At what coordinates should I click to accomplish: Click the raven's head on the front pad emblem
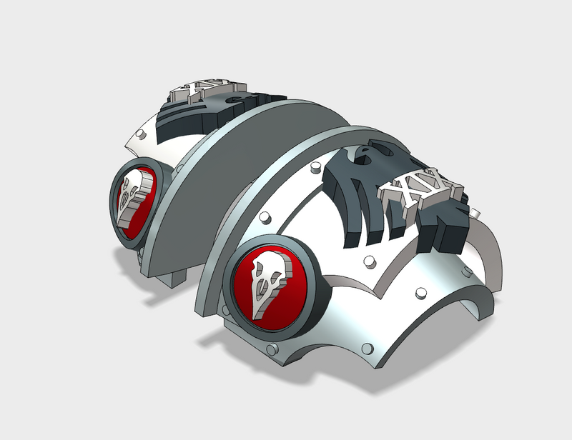364,153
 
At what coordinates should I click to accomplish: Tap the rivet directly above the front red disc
263,216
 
